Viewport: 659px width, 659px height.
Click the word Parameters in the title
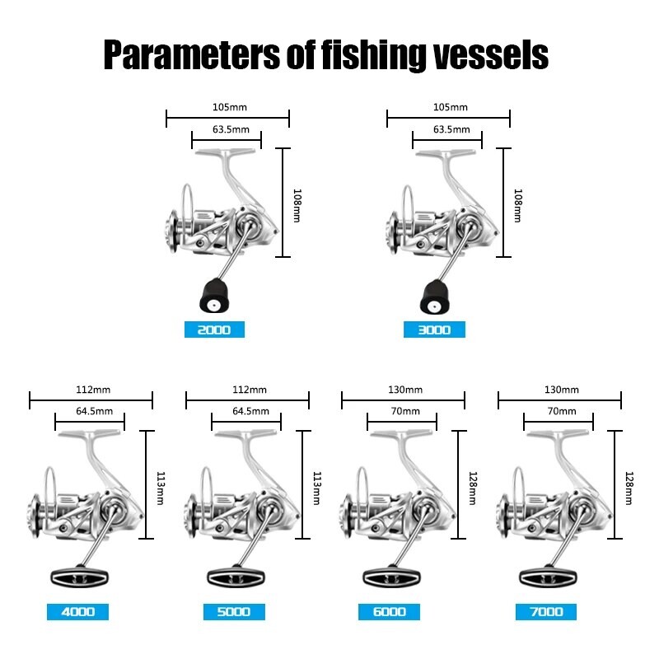click(x=191, y=55)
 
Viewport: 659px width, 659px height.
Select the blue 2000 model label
click(x=214, y=329)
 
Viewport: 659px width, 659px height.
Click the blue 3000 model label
click(x=434, y=329)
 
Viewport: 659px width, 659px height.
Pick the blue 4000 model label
click(x=77, y=612)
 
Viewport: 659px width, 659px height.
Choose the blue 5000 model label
click(x=234, y=612)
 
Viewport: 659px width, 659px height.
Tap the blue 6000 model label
click(x=389, y=612)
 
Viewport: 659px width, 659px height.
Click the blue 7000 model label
click(x=546, y=612)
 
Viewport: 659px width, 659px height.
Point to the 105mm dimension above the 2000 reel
click(x=230, y=107)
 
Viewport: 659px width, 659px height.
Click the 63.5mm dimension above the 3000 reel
click(x=451, y=129)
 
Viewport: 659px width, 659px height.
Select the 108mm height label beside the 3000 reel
click(x=518, y=205)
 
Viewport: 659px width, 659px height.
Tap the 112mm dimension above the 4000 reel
click(x=93, y=390)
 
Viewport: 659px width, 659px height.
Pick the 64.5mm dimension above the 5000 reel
click(x=251, y=411)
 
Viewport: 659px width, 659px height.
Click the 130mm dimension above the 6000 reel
click(x=405, y=390)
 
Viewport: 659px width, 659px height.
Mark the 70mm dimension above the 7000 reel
click(x=562, y=411)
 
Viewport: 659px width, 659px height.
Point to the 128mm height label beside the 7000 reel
click(x=629, y=488)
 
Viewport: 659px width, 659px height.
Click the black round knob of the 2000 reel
click(x=214, y=296)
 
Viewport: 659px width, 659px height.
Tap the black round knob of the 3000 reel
click(x=435, y=297)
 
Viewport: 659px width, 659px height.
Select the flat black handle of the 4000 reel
click(x=79, y=577)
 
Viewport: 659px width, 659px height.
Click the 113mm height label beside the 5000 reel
click(x=317, y=488)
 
